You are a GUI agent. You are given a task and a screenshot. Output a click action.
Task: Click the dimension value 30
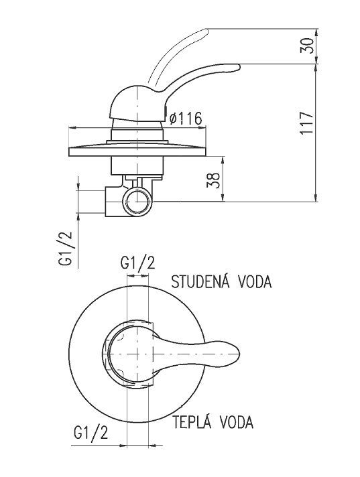coord(306,46)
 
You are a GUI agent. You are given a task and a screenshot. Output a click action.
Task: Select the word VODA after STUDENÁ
coord(255,281)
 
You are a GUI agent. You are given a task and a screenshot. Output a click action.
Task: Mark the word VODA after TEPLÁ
coord(237,422)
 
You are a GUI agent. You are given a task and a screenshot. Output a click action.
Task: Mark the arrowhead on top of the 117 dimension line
coord(315,69)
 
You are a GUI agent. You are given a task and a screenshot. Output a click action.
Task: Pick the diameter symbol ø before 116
coord(174,119)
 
